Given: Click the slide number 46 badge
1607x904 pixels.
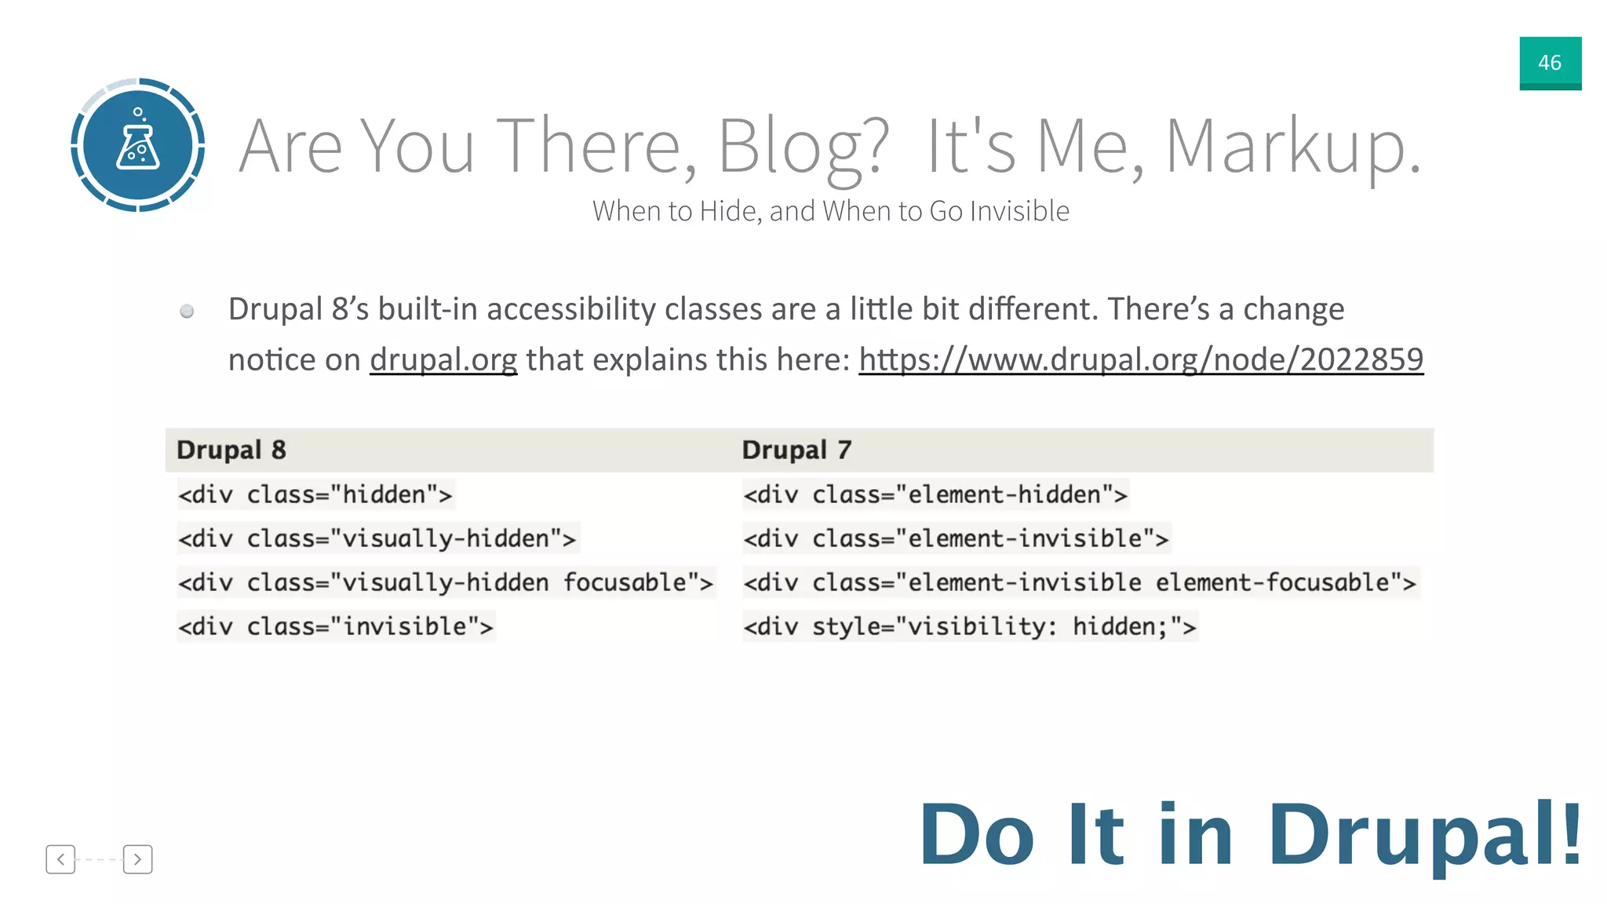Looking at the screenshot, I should point(1550,63).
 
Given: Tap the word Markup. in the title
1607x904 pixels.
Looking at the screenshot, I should point(1292,146).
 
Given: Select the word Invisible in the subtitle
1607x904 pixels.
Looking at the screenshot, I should point(1019,211).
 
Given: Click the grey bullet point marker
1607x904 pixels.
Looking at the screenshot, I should point(187,312).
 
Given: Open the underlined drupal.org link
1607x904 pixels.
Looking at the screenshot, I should point(443,359).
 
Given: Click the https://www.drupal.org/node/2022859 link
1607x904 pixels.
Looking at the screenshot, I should point(1140,359).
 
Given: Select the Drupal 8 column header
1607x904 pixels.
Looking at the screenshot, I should point(231,450).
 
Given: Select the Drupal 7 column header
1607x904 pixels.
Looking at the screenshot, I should point(796,450).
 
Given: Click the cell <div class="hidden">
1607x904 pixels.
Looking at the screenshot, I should point(315,494).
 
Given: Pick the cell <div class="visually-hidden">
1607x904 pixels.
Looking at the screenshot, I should point(377,538).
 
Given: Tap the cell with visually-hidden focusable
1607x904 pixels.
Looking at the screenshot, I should point(445,582).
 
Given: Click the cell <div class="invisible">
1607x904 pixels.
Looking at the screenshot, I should point(335,626).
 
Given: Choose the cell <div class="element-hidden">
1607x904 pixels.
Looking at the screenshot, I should point(935,494).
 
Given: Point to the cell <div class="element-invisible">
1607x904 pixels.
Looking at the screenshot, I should point(956,538).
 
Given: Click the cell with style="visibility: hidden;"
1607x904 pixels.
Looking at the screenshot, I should point(969,626).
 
